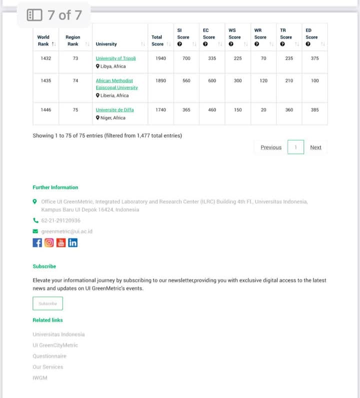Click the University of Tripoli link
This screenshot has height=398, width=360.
point(115,58)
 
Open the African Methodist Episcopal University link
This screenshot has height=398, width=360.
point(116,84)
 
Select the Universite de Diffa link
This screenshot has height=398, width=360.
point(114,110)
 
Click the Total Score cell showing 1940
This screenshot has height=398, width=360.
point(160,58)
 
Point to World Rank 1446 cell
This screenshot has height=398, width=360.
point(45,110)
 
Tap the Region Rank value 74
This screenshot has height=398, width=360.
point(75,81)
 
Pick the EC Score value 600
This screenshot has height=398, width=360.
point(212,81)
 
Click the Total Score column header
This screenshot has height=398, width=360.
point(157,40)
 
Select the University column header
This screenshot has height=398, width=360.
point(106,44)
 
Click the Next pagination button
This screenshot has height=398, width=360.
point(315,147)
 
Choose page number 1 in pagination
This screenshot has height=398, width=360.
point(295,147)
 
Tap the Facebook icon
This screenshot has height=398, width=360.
point(37,243)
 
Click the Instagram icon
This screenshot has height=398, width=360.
point(49,243)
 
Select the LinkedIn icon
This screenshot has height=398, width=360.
point(73,243)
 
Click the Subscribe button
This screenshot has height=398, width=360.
point(47,304)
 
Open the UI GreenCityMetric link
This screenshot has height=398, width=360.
point(55,345)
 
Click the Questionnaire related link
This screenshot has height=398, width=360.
point(49,356)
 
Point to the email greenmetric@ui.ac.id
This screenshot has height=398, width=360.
point(66,231)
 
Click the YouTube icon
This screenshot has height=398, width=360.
point(61,243)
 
